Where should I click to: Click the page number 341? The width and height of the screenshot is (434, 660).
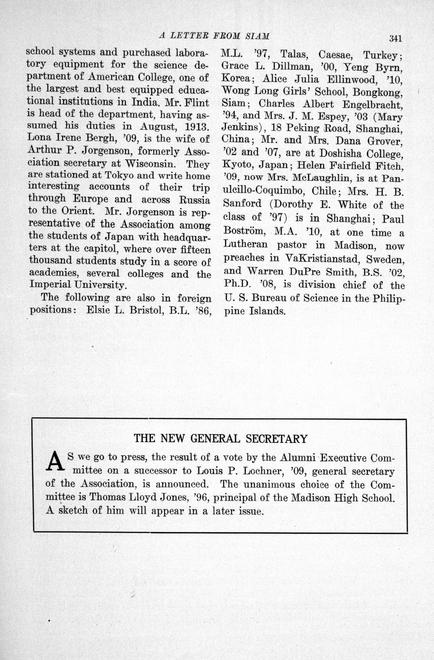(395, 38)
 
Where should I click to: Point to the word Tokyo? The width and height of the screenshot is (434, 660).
(120, 176)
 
